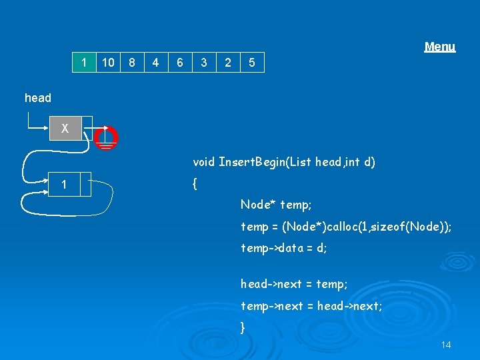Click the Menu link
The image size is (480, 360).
[440, 47]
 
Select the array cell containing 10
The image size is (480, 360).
[107, 63]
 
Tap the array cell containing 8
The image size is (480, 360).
[132, 63]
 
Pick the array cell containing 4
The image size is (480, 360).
[155, 63]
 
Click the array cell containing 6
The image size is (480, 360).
[180, 63]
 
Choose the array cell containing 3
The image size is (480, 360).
[204, 63]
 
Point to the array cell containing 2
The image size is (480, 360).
[228, 63]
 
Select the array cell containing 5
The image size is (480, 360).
[252, 63]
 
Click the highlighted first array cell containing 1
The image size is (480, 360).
[83, 63]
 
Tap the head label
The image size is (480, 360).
[38, 98]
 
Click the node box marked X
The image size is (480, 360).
[65, 129]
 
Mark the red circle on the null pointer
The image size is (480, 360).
[105, 137]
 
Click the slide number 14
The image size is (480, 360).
[446, 345]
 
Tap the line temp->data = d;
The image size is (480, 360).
[284, 248]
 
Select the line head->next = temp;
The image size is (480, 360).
[294, 284]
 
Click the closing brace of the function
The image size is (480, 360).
[243, 327]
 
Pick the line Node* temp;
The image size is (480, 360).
[276, 205]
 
